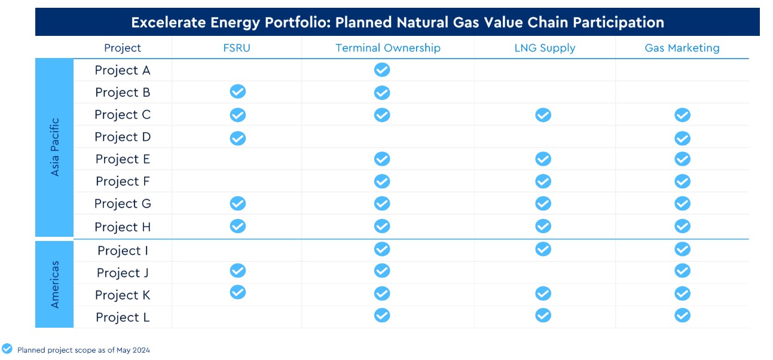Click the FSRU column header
[237, 48]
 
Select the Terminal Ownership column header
[387, 48]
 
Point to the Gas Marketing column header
[682, 48]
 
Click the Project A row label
[123, 70]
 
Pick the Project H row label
[123, 227]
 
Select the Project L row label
[123, 318]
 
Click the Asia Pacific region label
[55, 148]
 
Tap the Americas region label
[55, 284]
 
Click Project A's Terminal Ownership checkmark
[382, 70]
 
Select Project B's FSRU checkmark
[238, 91]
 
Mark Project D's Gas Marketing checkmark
[682, 138]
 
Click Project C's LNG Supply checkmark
[543, 115]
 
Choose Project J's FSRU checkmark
[238, 271]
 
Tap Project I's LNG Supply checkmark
[543, 249]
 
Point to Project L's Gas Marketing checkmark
[682, 315]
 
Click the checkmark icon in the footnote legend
[7, 349]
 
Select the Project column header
[123, 48]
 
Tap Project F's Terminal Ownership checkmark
[382, 181]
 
